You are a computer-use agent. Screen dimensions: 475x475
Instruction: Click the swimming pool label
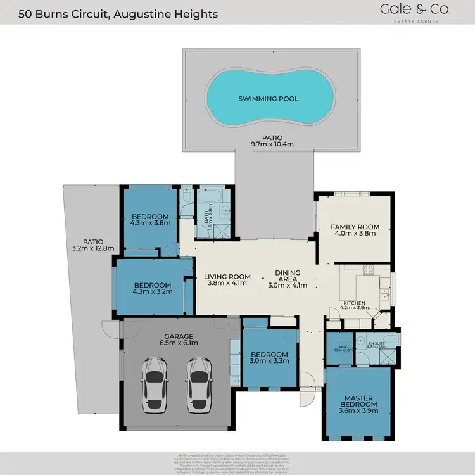(268, 99)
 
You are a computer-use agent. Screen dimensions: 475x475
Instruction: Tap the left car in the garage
(155, 386)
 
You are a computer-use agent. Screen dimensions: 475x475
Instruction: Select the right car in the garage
(199, 386)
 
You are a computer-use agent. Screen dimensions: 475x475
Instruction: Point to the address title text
(118, 13)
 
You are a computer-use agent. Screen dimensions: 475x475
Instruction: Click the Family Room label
(355, 227)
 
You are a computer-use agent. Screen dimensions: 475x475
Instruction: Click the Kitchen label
(355, 304)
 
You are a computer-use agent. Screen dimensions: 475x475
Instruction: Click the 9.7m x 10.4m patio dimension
(273, 144)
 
